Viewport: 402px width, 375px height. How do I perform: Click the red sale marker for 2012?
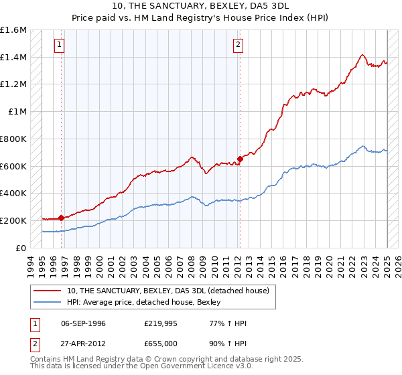coord(240,159)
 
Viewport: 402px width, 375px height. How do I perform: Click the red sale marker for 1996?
coord(61,218)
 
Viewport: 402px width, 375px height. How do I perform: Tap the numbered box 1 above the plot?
coord(60,45)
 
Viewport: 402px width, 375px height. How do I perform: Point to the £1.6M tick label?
coord(13,30)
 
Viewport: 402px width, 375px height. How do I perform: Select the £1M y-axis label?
coord(17,112)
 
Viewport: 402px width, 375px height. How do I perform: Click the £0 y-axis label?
coord(21,248)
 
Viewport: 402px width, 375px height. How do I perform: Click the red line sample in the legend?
coord(47,291)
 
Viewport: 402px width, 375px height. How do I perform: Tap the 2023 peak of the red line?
coord(362,55)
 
